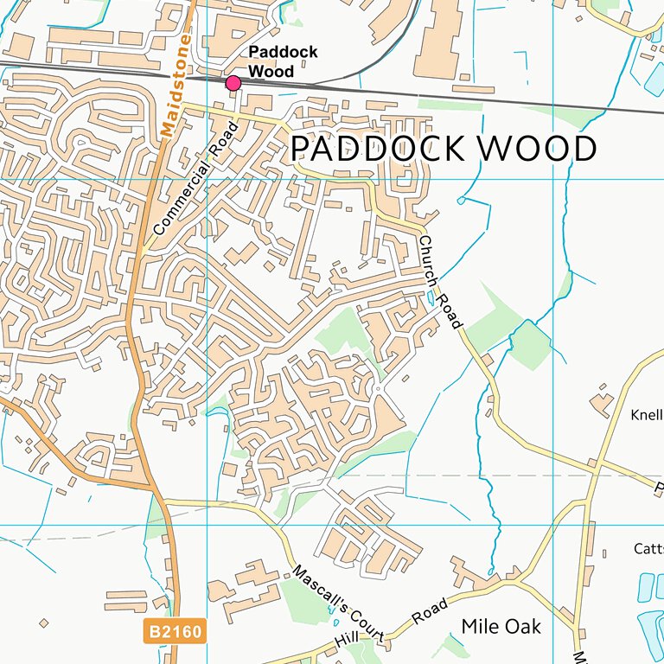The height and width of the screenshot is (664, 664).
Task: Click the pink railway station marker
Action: click(x=233, y=83)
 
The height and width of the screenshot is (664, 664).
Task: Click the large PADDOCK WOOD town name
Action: click(x=443, y=149)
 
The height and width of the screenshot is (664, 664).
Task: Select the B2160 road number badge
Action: click(x=175, y=632)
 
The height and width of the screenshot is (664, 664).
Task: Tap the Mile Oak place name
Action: click(x=501, y=626)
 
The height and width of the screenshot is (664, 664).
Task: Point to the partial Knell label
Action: click(x=647, y=413)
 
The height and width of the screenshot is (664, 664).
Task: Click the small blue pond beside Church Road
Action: click(x=431, y=298)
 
